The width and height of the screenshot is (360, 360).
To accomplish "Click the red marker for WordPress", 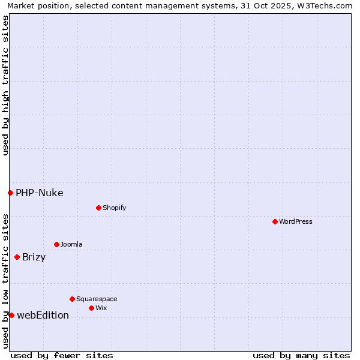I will [275, 221].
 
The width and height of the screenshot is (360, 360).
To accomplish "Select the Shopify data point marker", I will [98, 208].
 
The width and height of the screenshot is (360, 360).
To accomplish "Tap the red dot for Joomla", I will [56, 244].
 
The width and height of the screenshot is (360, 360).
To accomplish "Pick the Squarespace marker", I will [72, 299].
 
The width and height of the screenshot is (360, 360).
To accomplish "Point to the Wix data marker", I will [91, 308].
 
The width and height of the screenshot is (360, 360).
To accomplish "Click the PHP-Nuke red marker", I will [10, 193].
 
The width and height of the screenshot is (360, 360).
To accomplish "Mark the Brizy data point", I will [17, 257].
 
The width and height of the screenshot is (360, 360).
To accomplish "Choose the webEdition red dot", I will [11, 315].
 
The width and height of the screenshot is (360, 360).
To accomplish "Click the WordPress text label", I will [296, 221].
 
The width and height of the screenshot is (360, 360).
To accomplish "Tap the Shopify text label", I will [115, 208].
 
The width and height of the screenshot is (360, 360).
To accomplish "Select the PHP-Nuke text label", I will [40, 193].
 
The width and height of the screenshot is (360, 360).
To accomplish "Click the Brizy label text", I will [34, 257].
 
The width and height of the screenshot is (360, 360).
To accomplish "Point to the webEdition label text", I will [43, 315].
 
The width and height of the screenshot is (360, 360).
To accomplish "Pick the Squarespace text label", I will [97, 299].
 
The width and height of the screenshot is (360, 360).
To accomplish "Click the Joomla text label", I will [71, 244].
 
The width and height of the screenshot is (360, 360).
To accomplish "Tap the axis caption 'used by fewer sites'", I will [62, 355].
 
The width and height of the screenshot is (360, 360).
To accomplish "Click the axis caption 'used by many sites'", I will [301, 355].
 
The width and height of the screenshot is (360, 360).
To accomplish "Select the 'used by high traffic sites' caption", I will [5, 85].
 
